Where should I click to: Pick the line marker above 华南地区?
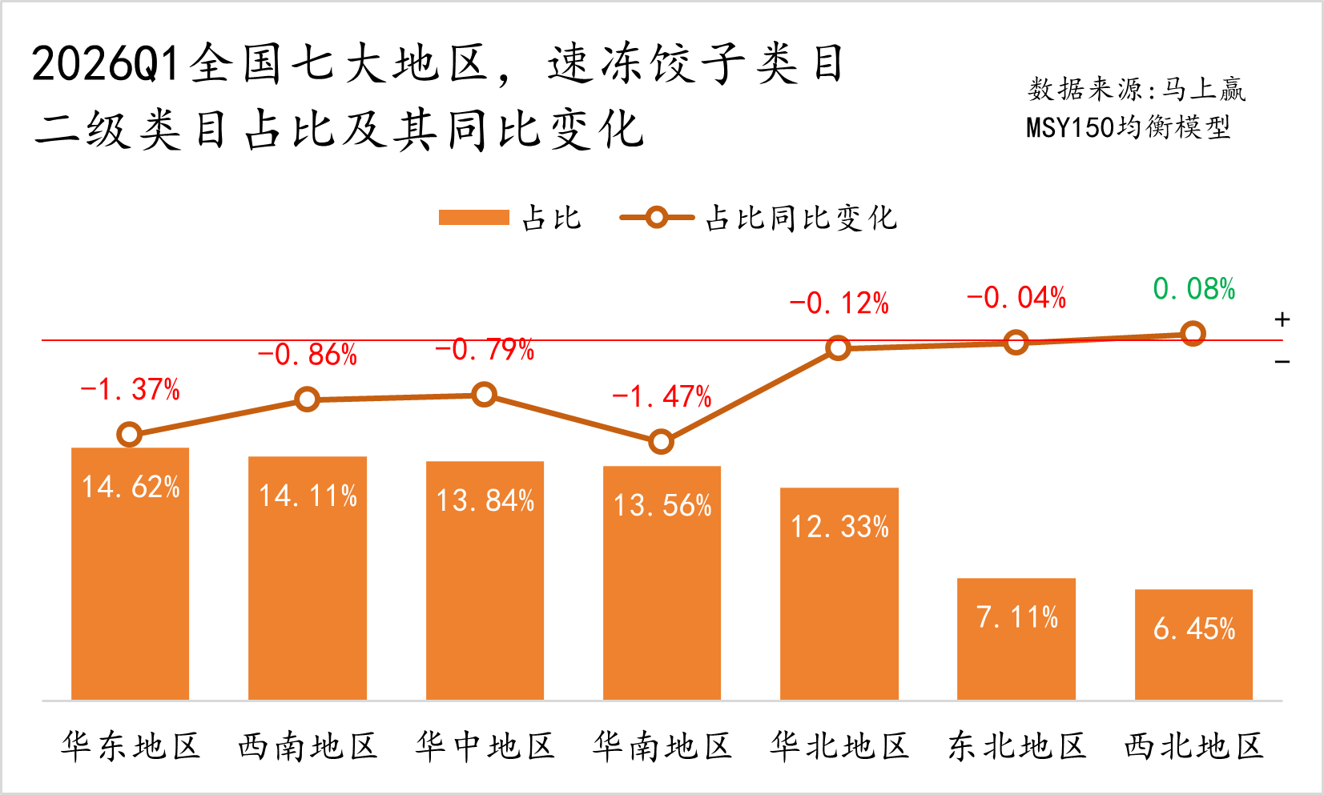click(x=661, y=441)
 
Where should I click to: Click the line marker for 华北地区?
click(x=838, y=348)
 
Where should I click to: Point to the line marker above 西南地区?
click(x=307, y=400)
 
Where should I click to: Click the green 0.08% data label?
click(x=1193, y=289)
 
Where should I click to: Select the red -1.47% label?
click(x=662, y=396)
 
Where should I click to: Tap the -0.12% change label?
click(x=839, y=303)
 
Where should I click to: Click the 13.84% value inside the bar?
click(x=485, y=500)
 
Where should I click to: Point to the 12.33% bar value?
click(x=839, y=527)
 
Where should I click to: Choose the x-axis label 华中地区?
click(x=485, y=746)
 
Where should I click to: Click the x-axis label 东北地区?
click(x=1016, y=746)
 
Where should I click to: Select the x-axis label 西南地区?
click(x=307, y=746)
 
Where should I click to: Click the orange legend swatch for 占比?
click(x=473, y=218)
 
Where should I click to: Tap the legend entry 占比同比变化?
click(x=801, y=218)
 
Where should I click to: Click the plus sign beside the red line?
click(x=1282, y=319)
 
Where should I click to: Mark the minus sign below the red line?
click(x=1282, y=362)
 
